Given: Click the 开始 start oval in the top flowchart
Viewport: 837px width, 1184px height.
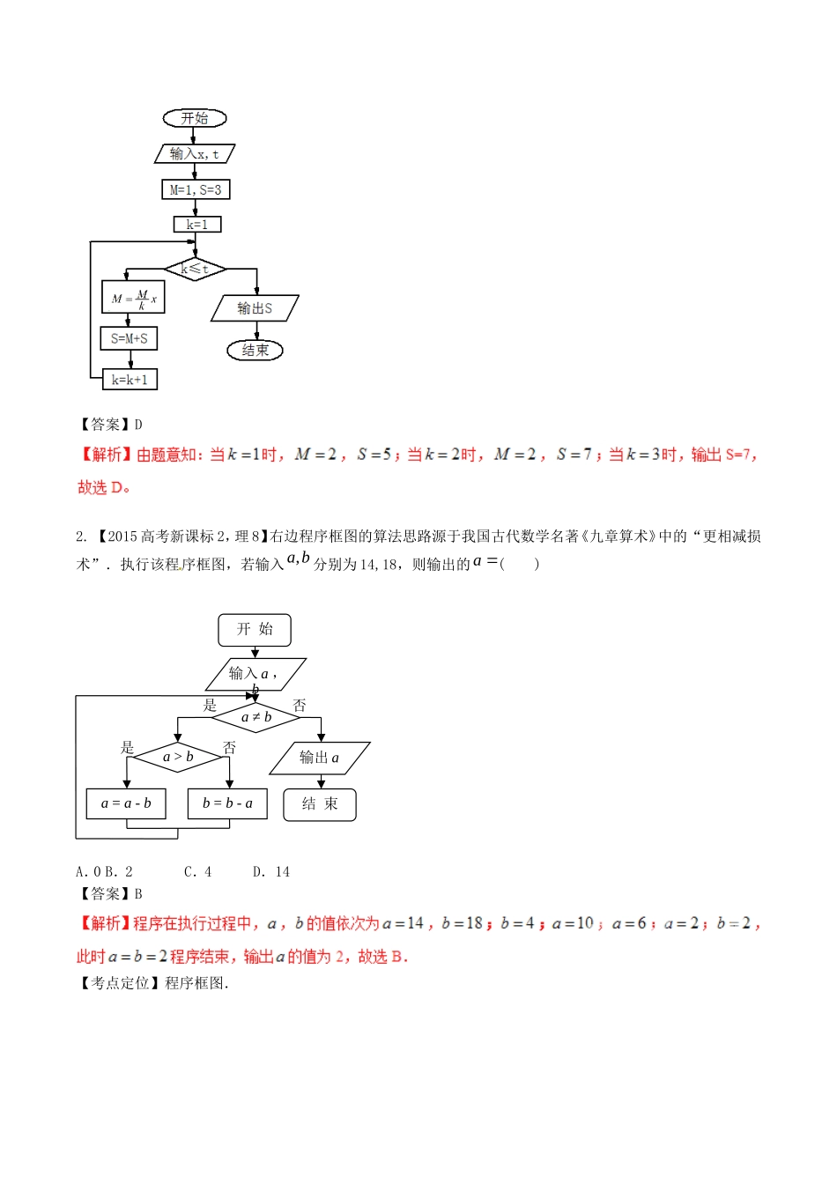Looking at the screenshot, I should click(195, 118).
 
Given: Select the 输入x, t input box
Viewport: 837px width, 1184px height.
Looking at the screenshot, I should click(195, 153).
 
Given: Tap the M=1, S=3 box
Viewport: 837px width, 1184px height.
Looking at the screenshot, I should click(196, 189).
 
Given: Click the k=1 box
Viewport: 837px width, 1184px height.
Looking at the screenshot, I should click(196, 225).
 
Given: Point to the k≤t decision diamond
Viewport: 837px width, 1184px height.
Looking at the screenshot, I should click(195, 269).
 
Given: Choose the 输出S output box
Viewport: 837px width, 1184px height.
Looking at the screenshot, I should click(255, 308).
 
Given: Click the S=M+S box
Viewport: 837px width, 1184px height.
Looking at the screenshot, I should click(130, 338).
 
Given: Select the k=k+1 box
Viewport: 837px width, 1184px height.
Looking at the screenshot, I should click(130, 380).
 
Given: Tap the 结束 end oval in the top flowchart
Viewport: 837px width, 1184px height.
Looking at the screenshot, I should click(256, 351).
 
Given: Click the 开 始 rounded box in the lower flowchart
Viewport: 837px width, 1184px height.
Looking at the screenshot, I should click(255, 629).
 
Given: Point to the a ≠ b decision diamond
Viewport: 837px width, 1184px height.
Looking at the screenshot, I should click(256, 717).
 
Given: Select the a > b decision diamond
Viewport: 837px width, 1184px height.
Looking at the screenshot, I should click(178, 757).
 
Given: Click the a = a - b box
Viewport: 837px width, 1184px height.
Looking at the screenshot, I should click(126, 803).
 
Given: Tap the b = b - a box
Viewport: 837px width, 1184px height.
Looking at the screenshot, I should click(227, 803).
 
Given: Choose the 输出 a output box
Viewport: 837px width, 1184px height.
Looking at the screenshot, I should click(319, 758).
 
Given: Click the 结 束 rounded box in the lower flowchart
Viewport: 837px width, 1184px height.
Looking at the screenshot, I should click(320, 804).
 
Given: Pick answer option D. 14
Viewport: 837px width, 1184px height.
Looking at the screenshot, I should click(271, 872).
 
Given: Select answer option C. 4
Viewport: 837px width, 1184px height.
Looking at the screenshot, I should click(198, 872).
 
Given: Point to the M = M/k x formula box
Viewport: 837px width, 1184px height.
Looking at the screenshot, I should click(133, 299).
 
